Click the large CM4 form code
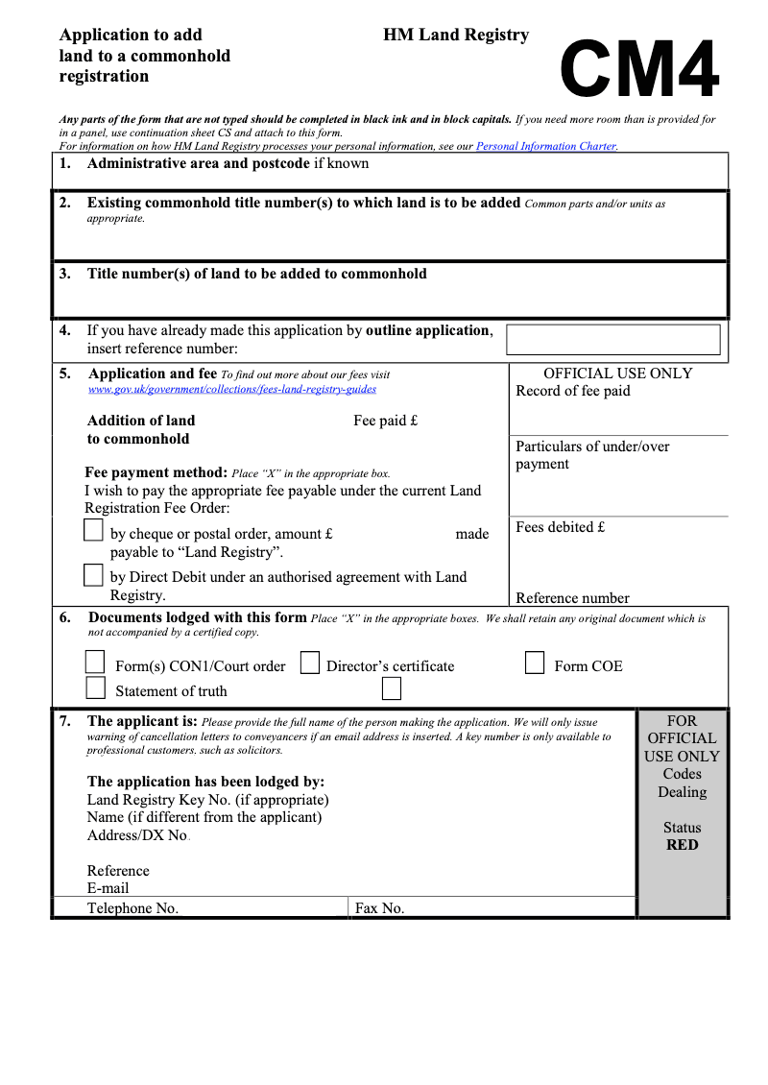coord(639,70)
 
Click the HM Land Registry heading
coord(456,36)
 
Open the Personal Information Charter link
coord(546,147)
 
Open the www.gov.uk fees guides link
coord(232,390)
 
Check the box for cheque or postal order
coord(93,530)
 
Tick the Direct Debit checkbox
coord(93,575)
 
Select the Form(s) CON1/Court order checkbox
coord(95,663)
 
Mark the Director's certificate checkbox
coord(309,663)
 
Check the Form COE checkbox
coord(535,663)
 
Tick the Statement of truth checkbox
coord(95,687)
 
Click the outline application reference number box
coord(612,340)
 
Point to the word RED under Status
coord(682,845)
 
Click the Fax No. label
coord(380,908)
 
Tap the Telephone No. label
coord(132,908)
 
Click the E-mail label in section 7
coord(108,889)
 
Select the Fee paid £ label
coord(386,421)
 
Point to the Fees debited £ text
coord(561,527)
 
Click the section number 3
coord(64,274)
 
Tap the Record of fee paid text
coord(573,391)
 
